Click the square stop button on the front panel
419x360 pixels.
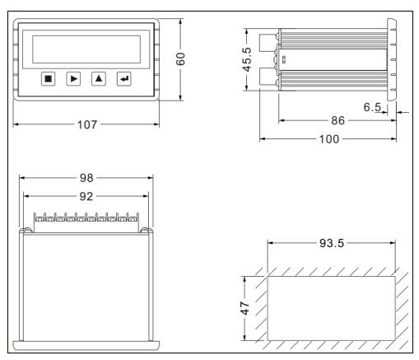click(x=48, y=79)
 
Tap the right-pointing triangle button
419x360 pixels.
click(x=73, y=79)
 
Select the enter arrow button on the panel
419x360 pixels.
click(x=124, y=79)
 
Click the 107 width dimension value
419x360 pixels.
click(x=87, y=124)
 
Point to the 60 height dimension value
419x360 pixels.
click(x=180, y=58)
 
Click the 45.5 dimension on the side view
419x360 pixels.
click(x=246, y=59)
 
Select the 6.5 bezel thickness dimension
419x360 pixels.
click(x=372, y=107)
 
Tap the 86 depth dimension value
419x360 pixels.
click(x=338, y=120)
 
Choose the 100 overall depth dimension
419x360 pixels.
click(x=329, y=139)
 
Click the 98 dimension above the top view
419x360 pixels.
click(x=86, y=178)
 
